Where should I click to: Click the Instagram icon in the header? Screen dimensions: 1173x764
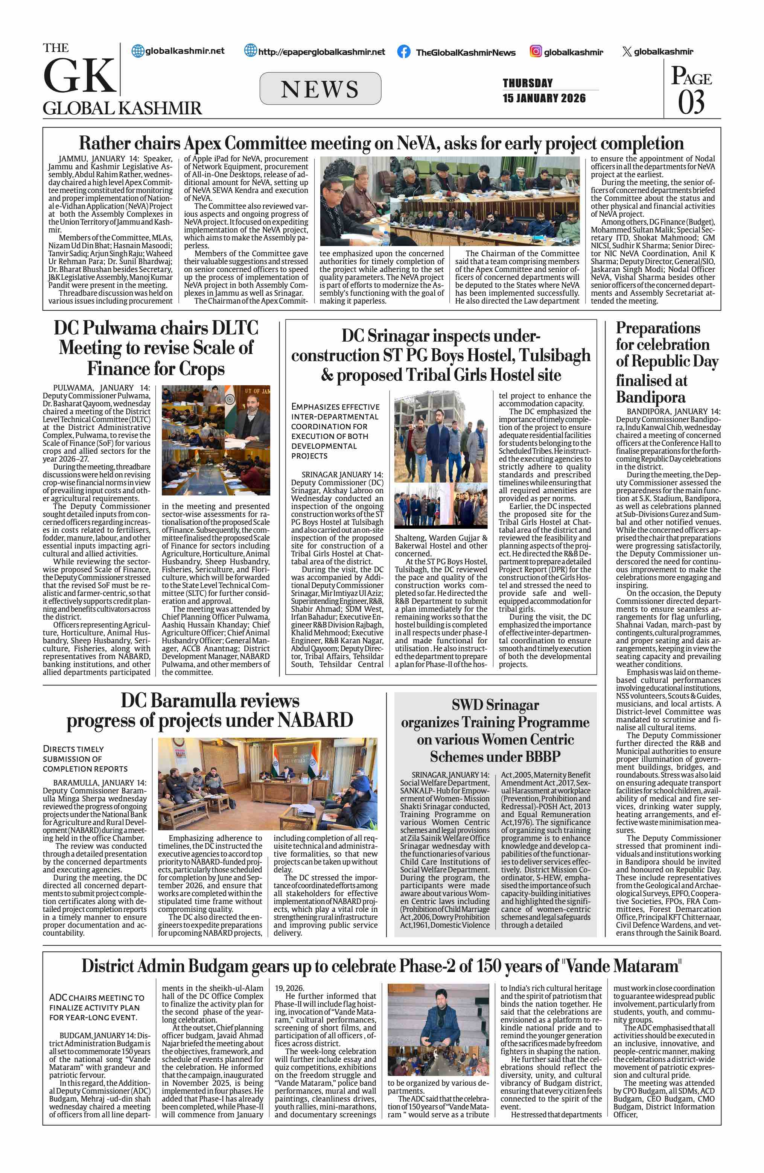click(536, 51)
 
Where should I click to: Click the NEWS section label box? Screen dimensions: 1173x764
click(320, 89)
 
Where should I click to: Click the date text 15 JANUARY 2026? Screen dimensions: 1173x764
click(544, 98)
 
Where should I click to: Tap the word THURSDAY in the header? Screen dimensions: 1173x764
click(527, 83)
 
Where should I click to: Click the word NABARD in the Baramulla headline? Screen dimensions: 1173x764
click(315, 720)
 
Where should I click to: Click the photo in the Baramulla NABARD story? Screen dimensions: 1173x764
click(268, 784)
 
